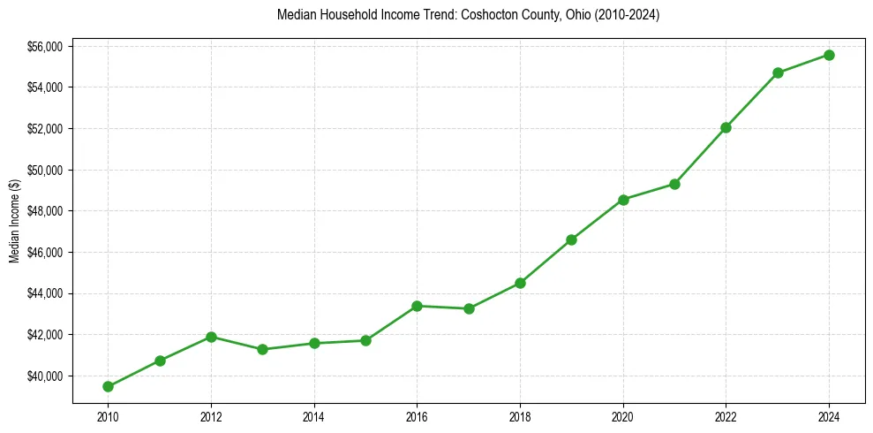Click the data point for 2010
pyautogui.click(x=108, y=386)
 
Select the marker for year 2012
pyautogui.click(x=211, y=337)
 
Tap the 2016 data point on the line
pyautogui.click(x=417, y=306)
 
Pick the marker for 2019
pyautogui.click(x=571, y=239)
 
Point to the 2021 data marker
pyautogui.click(x=674, y=184)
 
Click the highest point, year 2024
pyautogui.click(x=829, y=55)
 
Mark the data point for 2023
pyautogui.click(x=778, y=72)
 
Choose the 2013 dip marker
pyautogui.click(x=262, y=349)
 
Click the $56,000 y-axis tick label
pyautogui.click(x=44, y=46)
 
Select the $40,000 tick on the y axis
pyautogui.click(x=44, y=376)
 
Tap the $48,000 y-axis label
pyautogui.click(x=44, y=211)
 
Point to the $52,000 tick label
pyautogui.click(x=44, y=129)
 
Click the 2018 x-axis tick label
pyautogui.click(x=520, y=415)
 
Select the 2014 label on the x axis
pyautogui.click(x=314, y=415)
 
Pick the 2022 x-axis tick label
pyautogui.click(x=726, y=415)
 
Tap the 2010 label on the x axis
pyautogui.click(x=108, y=415)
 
